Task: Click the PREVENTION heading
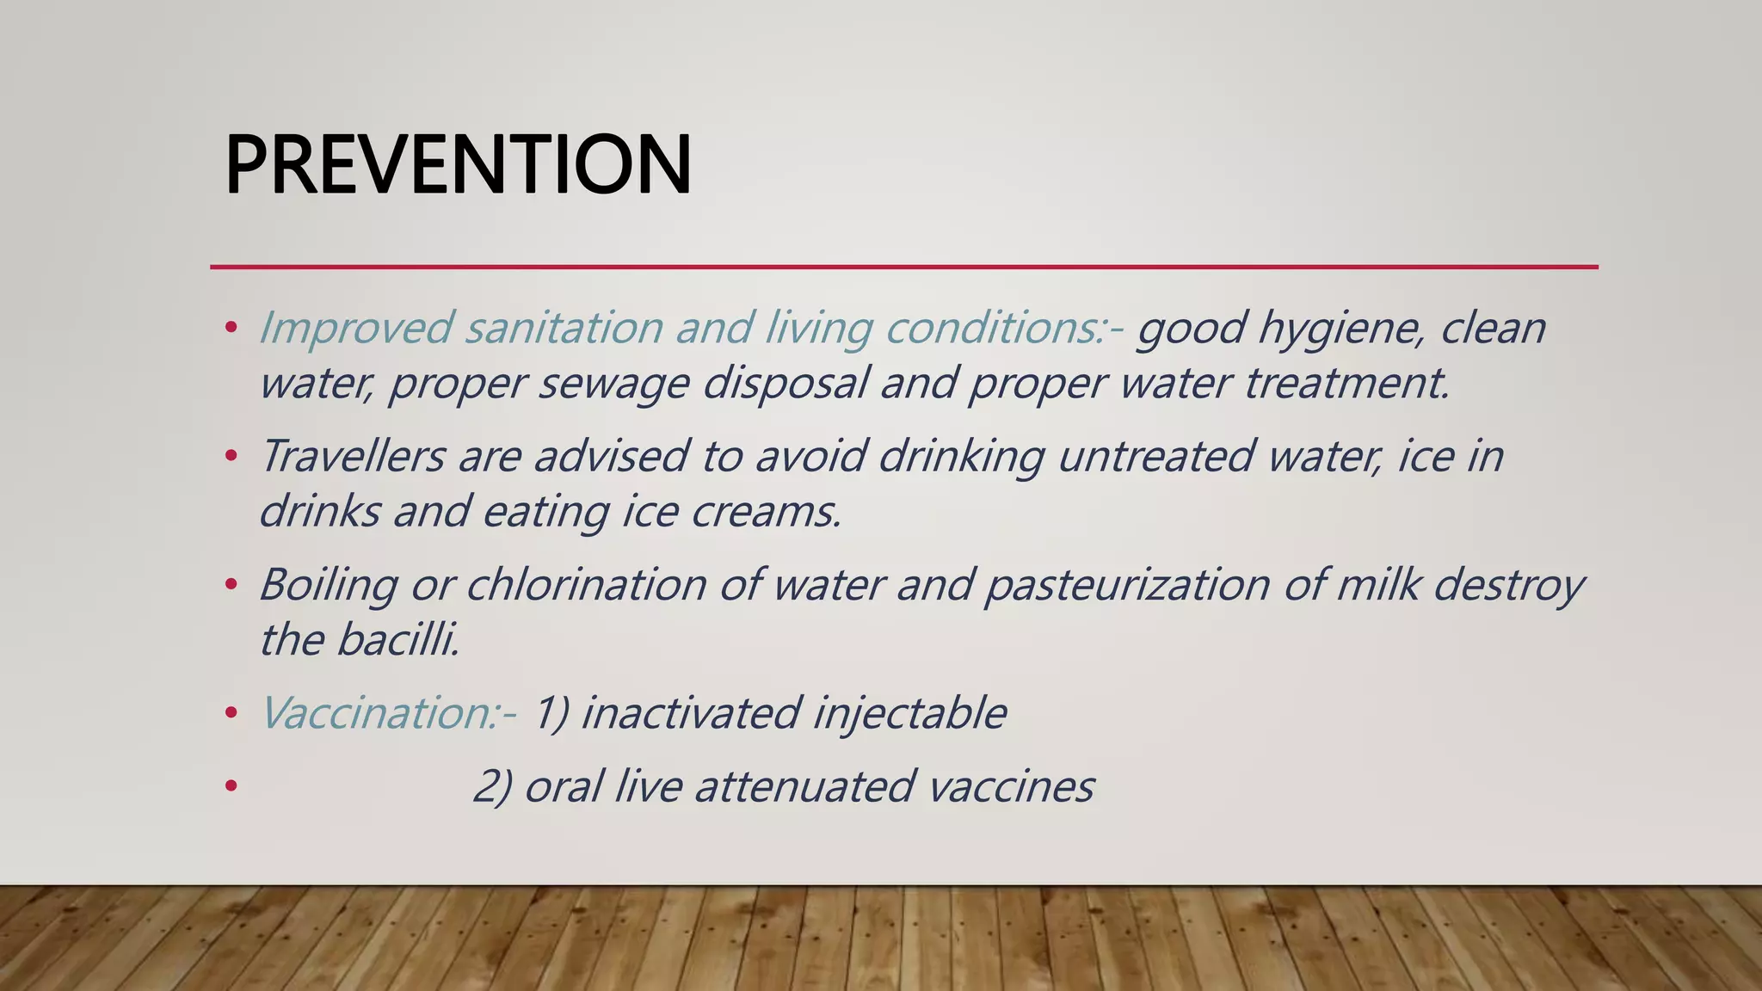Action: click(458, 165)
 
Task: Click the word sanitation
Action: click(564, 328)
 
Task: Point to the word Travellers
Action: click(352, 455)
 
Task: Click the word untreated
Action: click(1155, 455)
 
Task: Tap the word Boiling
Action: click(328, 585)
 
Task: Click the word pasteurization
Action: click(1127, 585)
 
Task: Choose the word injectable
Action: click(909, 714)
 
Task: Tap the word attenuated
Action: click(804, 786)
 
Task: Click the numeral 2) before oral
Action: click(492, 786)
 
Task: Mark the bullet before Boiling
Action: click(230, 585)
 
